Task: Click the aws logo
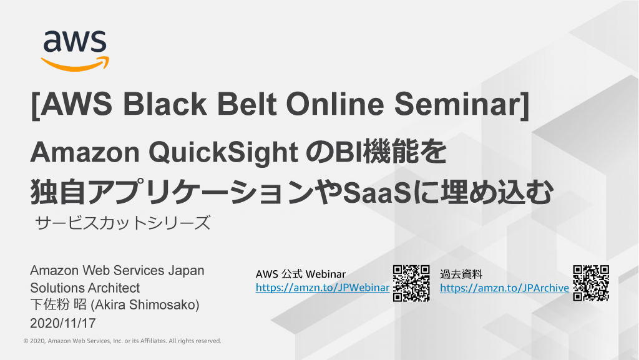(75, 51)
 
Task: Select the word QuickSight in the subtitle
(223, 153)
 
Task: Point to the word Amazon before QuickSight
(85, 153)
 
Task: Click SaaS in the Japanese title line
(376, 193)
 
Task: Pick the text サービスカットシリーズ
(123, 223)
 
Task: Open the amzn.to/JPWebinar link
(323, 288)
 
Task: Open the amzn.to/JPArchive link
(504, 288)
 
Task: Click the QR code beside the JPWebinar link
(411, 283)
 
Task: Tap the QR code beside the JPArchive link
(591, 283)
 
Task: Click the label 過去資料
(461, 274)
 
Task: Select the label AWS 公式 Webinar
(301, 274)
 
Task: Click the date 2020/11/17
(63, 323)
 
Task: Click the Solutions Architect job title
(85, 288)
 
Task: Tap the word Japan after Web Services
(186, 271)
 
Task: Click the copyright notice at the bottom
(122, 341)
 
